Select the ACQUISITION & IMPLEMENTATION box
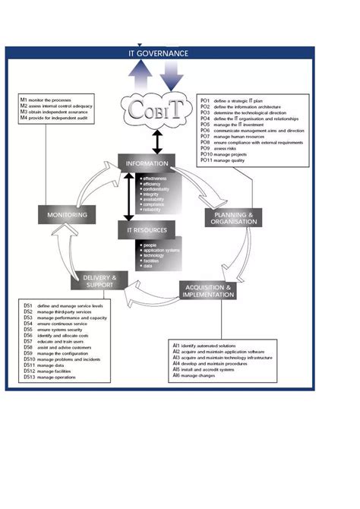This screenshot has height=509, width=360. click(x=208, y=291)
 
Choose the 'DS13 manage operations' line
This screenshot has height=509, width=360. click(x=54, y=378)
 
